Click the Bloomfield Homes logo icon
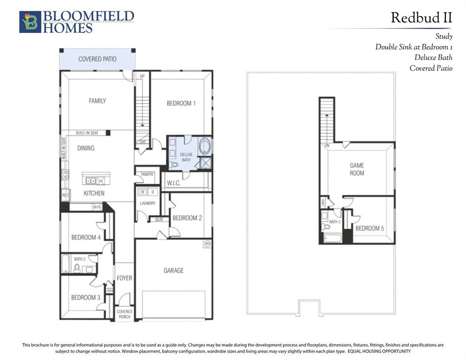(30, 22)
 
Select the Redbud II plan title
(421, 18)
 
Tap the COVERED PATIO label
(97, 59)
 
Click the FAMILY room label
(98, 101)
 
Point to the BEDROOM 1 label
(181, 103)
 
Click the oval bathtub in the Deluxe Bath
(205, 147)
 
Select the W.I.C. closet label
(173, 183)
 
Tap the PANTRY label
(147, 174)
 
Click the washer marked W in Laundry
(142, 192)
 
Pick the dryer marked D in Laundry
(153, 192)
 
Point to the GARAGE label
(173, 270)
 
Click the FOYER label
(124, 278)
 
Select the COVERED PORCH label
(124, 314)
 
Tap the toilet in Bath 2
(77, 267)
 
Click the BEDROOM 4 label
(86, 237)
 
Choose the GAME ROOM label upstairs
(357, 169)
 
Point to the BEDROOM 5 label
(369, 228)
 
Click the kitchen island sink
(93, 180)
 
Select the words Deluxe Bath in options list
(433, 57)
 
